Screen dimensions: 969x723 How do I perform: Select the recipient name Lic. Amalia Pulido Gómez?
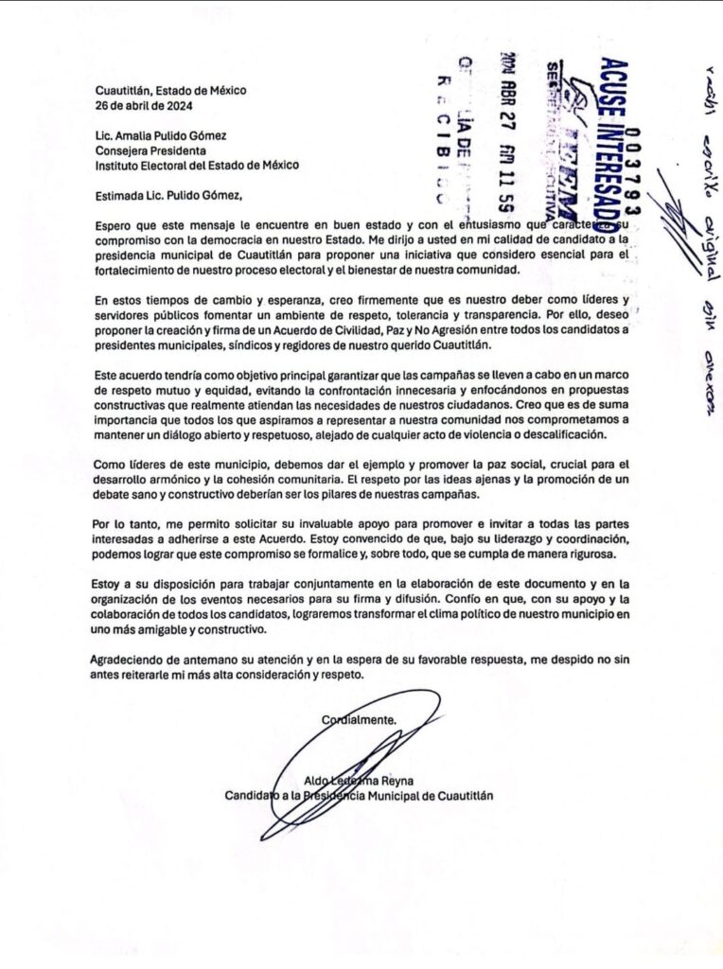[x=168, y=135]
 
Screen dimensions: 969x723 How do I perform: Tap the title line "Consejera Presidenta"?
[x=153, y=150]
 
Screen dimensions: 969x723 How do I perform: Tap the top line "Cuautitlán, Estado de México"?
[x=170, y=90]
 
